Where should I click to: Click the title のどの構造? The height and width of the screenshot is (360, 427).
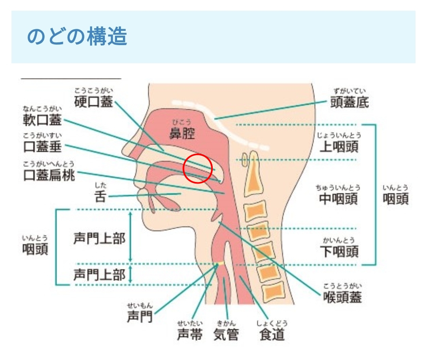click(77, 37)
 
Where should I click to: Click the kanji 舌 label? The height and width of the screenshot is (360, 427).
click(100, 197)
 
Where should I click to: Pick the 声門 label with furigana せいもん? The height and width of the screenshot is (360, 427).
click(140, 316)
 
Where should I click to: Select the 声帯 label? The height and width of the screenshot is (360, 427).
click(190, 335)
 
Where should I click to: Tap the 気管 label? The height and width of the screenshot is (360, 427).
click(226, 335)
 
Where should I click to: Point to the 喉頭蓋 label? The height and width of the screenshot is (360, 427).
click(342, 297)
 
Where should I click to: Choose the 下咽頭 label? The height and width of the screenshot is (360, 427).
click(339, 251)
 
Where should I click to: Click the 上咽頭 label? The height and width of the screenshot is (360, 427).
click(339, 147)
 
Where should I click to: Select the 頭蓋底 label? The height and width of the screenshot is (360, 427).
click(350, 102)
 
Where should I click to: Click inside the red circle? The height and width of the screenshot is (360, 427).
click(198, 168)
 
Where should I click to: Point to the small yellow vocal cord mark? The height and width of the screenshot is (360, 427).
click(220, 263)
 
